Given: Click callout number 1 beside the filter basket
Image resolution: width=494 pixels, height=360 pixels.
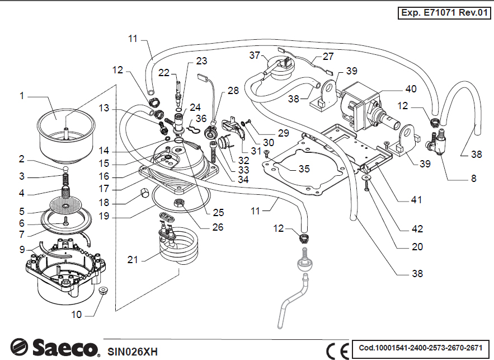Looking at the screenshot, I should coord(22,96).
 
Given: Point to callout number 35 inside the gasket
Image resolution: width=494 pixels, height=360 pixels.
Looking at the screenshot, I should coord(304,169).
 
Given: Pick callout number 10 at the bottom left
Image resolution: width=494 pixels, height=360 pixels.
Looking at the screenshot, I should coord(76,315).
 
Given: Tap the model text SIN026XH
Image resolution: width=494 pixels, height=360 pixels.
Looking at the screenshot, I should coord(133,352).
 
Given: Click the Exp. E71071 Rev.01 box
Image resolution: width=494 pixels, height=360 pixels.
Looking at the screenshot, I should coord(444,13).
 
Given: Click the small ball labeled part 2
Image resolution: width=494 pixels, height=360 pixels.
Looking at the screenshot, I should coord(65,167).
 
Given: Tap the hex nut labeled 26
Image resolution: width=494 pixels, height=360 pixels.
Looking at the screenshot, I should coord(181,202).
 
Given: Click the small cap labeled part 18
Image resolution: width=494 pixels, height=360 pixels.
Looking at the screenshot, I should coord(143,194).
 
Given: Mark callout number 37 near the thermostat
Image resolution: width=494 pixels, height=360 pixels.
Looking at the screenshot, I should coord(255,55).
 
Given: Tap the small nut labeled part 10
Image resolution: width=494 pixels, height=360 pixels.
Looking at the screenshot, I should coord(102,291).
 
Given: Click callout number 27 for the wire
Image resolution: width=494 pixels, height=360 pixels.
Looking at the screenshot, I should coord(328,57).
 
